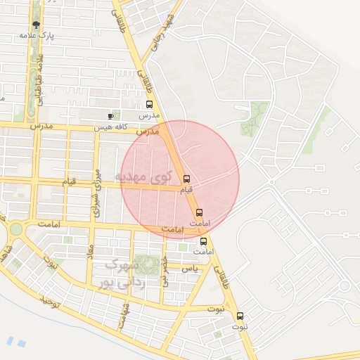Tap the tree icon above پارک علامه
coord(37,25)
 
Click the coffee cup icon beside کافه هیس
coord(110,116)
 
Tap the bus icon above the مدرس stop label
coord(149,105)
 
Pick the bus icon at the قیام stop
coord(186,179)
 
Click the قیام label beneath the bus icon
coord(186,190)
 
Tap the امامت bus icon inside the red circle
coord(199,212)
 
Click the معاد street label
coord(90,251)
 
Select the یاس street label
coord(188,268)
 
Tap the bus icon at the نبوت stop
coord(240,316)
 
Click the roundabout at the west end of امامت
coord(15,229)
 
